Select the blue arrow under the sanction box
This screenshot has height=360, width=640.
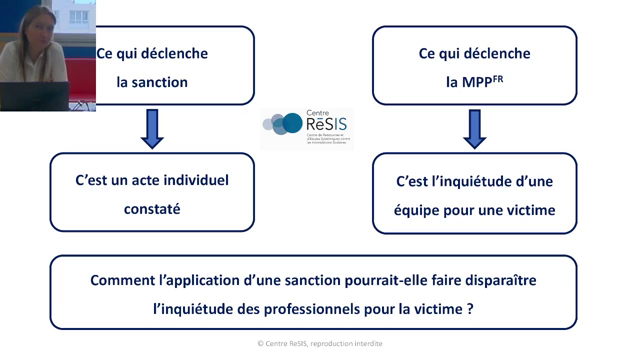click(153, 128)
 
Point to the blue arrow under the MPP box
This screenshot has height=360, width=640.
click(475, 128)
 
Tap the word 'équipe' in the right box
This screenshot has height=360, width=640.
click(421, 210)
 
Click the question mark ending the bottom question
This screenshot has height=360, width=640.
click(470, 309)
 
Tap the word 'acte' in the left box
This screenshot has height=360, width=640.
click(135, 181)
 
